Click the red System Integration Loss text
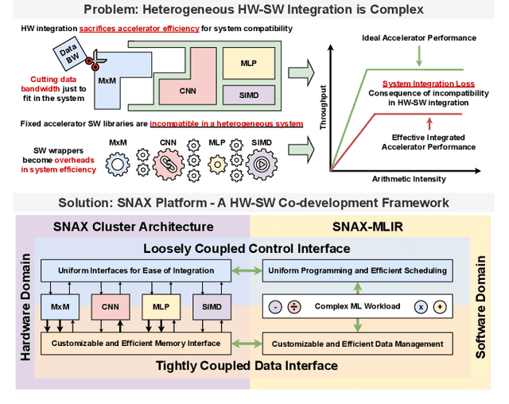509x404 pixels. (x=429, y=84)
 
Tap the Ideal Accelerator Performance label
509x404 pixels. (x=429, y=37)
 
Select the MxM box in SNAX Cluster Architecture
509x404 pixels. (x=58, y=306)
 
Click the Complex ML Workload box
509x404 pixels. (x=357, y=306)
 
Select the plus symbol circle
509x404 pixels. (x=438, y=306)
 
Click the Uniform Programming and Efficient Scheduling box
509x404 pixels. (x=358, y=270)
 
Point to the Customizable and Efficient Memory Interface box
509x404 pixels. (x=135, y=344)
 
